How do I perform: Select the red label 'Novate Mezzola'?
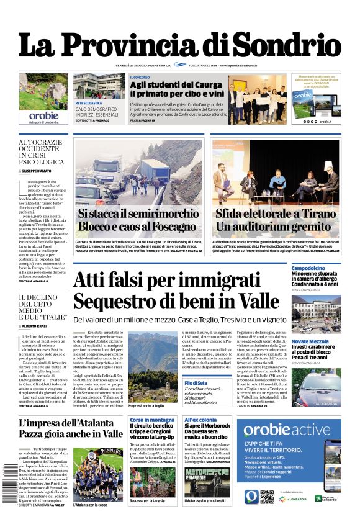(x=311, y=341)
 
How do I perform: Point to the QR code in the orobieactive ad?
(x=267, y=497)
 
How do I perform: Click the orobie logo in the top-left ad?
(x=43, y=115)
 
